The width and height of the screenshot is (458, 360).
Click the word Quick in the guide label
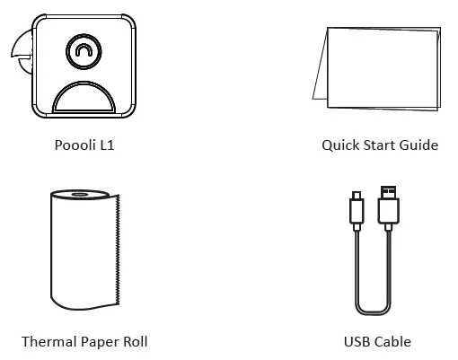coord(340,145)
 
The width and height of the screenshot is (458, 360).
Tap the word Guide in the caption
coord(418,145)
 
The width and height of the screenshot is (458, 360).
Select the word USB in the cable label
coord(357,341)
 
